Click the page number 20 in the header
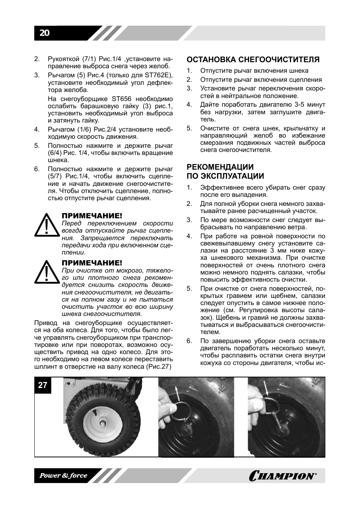click(44, 33)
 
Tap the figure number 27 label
click(43, 385)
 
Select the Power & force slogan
click(63, 475)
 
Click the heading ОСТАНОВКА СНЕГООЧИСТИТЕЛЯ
click(253, 60)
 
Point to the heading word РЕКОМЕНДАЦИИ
click(220, 167)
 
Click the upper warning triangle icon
click(47, 225)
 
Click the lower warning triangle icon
click(47, 272)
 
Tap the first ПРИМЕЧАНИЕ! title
click(92, 216)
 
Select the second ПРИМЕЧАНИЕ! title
click(92, 263)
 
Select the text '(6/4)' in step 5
click(55, 153)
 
